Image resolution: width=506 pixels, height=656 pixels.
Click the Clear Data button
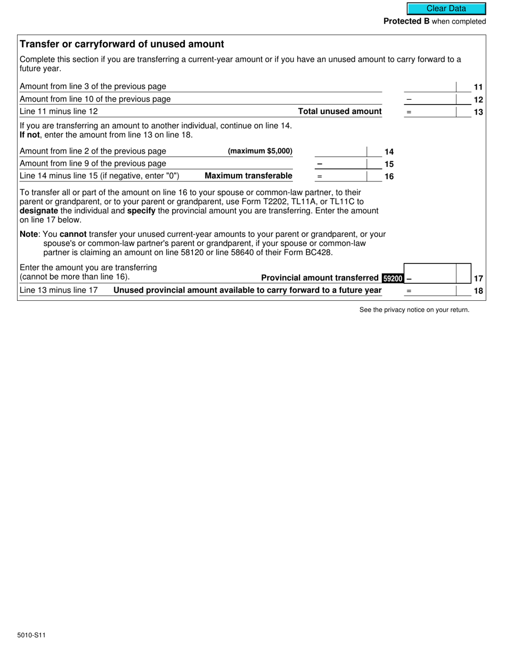click(446, 9)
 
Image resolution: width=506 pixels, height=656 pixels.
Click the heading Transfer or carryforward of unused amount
click(121, 44)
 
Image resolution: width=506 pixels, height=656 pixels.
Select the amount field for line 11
click(430, 86)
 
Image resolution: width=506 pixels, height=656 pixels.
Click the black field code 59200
click(393, 278)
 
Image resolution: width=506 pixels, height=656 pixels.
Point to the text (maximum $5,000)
click(260, 151)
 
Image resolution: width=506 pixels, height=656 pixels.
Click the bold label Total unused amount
click(340, 111)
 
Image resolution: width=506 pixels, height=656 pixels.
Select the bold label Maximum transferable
click(248, 176)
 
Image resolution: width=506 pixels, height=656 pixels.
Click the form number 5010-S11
click(31, 635)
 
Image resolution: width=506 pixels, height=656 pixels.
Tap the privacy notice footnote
click(414, 310)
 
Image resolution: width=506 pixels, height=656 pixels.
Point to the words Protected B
click(406, 21)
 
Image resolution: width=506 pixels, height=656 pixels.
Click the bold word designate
click(38, 211)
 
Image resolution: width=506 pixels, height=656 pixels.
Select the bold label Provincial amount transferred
click(320, 278)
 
